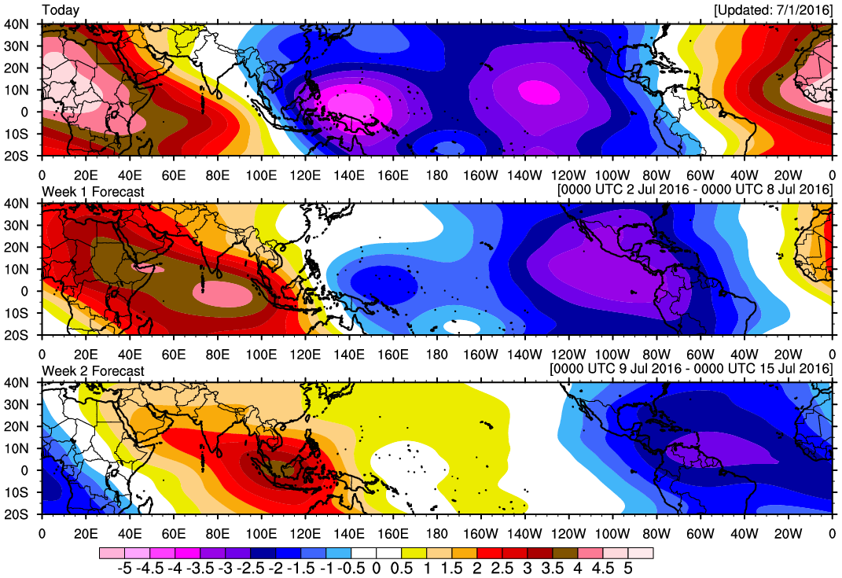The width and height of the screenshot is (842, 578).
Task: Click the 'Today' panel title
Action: (60, 10)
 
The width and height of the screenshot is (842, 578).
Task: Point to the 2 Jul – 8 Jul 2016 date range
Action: (695, 191)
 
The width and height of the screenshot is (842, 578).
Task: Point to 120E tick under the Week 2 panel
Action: (305, 528)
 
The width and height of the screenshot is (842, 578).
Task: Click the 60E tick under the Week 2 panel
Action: (173, 528)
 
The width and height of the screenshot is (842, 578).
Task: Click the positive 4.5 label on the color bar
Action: (605, 567)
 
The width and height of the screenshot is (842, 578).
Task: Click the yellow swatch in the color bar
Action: (414, 553)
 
